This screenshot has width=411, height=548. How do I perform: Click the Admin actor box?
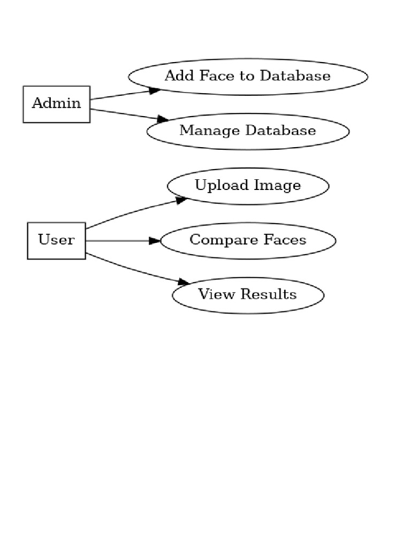click(x=56, y=104)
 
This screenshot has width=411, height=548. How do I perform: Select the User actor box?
click(x=56, y=240)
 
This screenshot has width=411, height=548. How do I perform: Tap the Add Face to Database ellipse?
click(x=248, y=77)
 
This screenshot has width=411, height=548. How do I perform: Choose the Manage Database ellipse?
click(x=248, y=131)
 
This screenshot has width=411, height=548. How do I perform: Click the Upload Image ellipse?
click(x=248, y=186)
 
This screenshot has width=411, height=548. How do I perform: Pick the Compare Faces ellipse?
click(x=248, y=240)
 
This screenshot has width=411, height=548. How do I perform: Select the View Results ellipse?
click(x=248, y=295)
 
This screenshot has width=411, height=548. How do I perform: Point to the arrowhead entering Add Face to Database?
click(x=155, y=90)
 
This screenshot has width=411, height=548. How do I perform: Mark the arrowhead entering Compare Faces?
click(x=155, y=241)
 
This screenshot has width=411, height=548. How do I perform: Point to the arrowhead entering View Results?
click(x=184, y=281)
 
